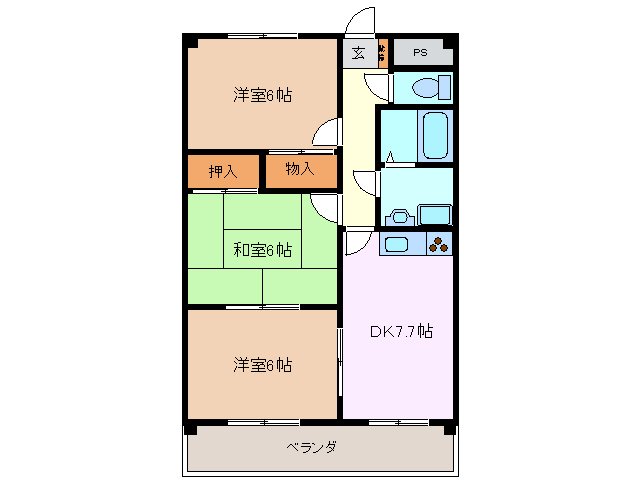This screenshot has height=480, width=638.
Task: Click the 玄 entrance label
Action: click(x=358, y=53)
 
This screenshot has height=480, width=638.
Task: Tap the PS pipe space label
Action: click(x=420, y=53)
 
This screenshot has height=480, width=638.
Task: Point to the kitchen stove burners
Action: click(x=439, y=242)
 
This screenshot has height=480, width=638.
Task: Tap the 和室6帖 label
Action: click(x=262, y=249)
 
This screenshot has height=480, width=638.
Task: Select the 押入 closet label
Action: click(x=222, y=172)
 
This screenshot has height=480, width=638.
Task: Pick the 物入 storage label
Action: click(x=299, y=171)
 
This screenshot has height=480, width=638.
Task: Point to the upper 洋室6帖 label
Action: click(x=263, y=96)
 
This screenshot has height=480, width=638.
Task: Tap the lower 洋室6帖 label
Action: click(x=262, y=365)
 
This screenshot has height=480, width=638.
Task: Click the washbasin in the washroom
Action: click(x=399, y=213)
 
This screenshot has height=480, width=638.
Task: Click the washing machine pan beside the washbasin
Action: click(x=433, y=213)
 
